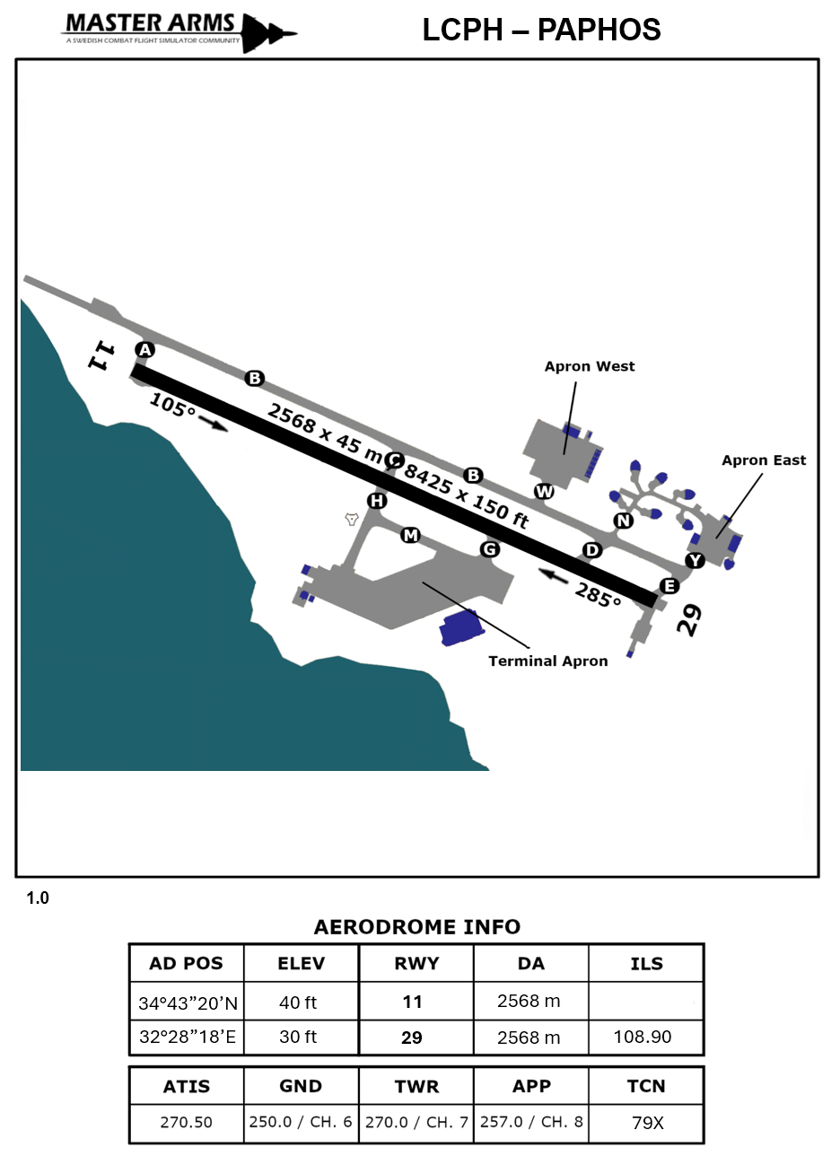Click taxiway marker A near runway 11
[x=144, y=349]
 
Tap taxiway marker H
[x=377, y=500]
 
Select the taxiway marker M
[x=410, y=535]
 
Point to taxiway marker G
[x=490, y=548]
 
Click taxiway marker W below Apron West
[x=544, y=491]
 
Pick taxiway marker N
[x=623, y=521]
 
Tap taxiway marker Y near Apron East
[x=695, y=561]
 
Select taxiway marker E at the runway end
[x=669, y=587]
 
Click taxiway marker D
[x=591, y=549]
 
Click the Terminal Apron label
[x=547, y=661]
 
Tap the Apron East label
[x=764, y=460]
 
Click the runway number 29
[x=688, y=620]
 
